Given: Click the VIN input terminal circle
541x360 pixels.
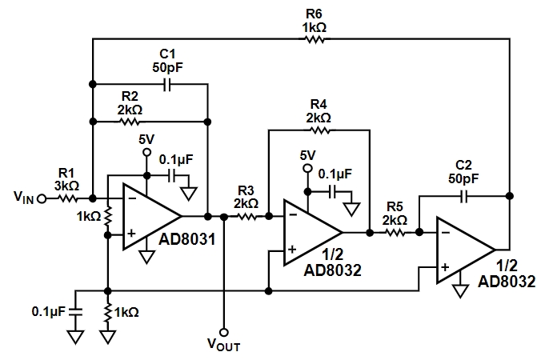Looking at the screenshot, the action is tap(42, 199).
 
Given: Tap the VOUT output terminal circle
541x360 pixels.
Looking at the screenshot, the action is tap(224, 333).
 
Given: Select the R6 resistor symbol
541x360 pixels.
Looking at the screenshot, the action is tap(315, 39).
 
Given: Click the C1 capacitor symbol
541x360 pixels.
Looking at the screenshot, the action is tap(167, 84).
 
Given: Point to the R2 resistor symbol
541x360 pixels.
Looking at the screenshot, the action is tap(129, 122).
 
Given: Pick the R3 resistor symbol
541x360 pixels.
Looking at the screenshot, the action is tap(246, 217).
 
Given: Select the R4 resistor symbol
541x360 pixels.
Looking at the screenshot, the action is tap(321, 130).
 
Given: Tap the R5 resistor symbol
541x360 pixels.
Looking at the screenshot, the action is tap(395, 233).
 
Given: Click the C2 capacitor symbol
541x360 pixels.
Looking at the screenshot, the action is tap(464, 196).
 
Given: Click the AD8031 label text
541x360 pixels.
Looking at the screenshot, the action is tap(187, 239).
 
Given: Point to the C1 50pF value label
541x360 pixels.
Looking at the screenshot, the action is tap(168, 67).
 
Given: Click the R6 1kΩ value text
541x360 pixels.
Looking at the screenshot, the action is tap(315, 27).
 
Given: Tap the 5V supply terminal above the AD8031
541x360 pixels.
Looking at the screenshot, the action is tap(147, 152).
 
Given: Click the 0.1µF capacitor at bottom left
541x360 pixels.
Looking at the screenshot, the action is tap(76, 311).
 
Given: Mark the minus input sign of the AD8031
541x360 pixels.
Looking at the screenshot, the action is tap(132, 198).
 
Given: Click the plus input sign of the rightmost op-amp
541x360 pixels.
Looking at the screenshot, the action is tap(445, 267).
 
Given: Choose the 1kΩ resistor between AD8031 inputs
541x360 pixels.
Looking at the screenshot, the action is tap(108, 217).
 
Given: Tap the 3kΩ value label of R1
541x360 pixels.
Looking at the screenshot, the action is tap(66, 186).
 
